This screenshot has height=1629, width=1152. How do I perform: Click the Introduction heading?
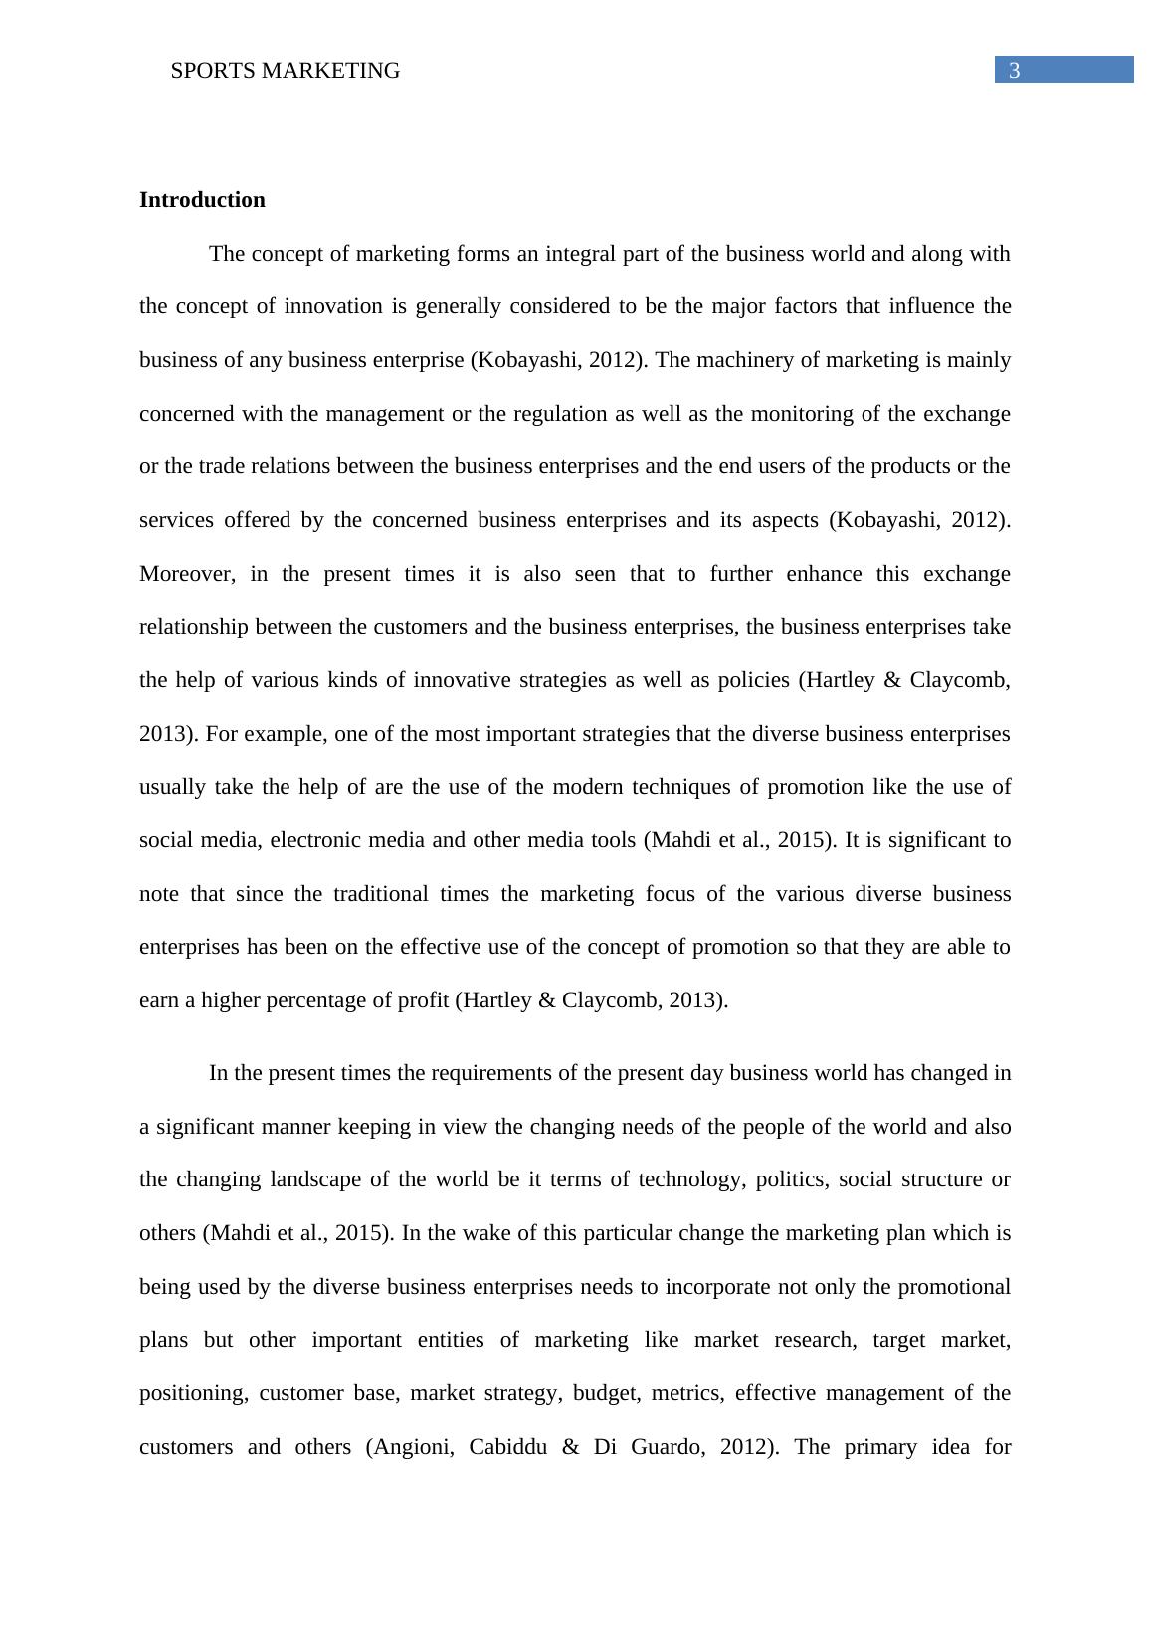pyautogui.click(x=202, y=200)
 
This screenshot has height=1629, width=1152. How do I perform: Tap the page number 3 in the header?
pyautogui.click(x=1015, y=70)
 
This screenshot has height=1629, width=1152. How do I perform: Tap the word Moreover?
pyautogui.click(x=187, y=574)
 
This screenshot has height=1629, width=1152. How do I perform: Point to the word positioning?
pyautogui.click(x=192, y=1393)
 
